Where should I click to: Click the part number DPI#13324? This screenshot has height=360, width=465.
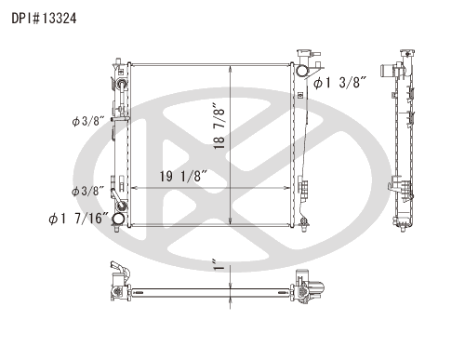click(x=44, y=19)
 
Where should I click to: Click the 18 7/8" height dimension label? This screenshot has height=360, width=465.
click(x=219, y=128)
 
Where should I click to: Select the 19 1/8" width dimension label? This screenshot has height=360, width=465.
click(x=183, y=177)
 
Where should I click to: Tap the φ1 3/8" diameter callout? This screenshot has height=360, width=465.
click(x=339, y=83)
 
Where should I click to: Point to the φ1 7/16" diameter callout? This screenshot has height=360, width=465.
click(x=79, y=219)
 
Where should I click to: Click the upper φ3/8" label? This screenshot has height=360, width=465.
click(x=87, y=121)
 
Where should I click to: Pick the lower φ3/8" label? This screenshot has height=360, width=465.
click(x=87, y=191)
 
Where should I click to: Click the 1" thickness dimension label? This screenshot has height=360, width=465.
click(x=219, y=265)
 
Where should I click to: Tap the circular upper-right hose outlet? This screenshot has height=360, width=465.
click(x=302, y=71)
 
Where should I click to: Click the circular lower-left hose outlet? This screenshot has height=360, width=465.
click(x=118, y=219)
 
